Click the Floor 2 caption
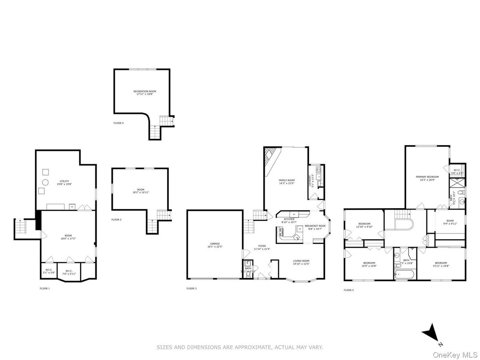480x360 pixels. (116, 219)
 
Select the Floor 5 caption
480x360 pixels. (348, 290)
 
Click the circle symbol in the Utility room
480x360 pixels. (45, 182)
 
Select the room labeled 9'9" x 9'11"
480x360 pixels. (450, 222)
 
